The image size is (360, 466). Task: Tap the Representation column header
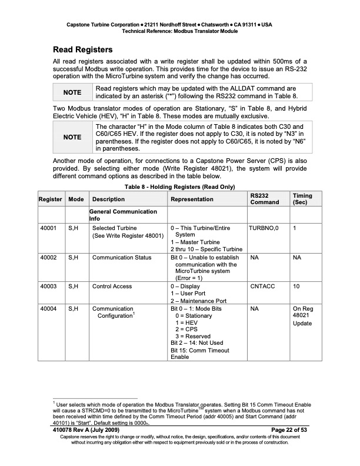tap(192, 199)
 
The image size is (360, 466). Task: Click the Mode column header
tap(76, 199)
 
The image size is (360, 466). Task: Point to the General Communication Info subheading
tap(124, 215)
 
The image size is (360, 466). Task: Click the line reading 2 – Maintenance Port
tap(198, 301)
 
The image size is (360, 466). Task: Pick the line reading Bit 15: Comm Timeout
tap(200, 349)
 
